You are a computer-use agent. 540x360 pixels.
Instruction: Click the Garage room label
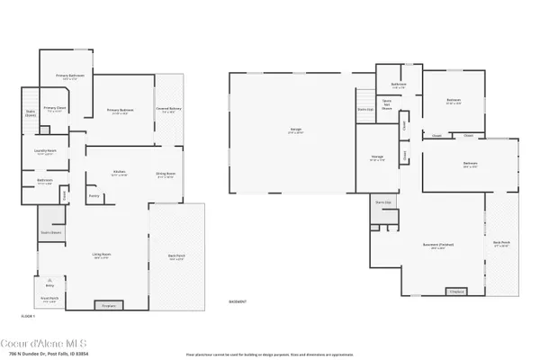(295, 130)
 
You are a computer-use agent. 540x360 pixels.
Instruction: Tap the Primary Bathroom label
(68, 76)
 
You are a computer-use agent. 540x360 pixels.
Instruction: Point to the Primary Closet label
(54, 107)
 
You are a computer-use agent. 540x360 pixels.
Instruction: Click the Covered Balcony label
(168, 109)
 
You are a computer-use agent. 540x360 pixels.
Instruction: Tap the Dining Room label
(165, 175)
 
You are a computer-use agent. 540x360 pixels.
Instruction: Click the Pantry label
(94, 194)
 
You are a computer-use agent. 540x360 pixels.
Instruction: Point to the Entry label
(49, 283)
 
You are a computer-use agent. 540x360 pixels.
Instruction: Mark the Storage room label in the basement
(377, 157)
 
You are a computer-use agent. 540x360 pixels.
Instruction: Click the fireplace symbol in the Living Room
(109, 306)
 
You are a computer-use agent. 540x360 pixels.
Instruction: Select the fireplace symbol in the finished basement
(456, 292)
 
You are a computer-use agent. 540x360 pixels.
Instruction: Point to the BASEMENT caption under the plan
(238, 301)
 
